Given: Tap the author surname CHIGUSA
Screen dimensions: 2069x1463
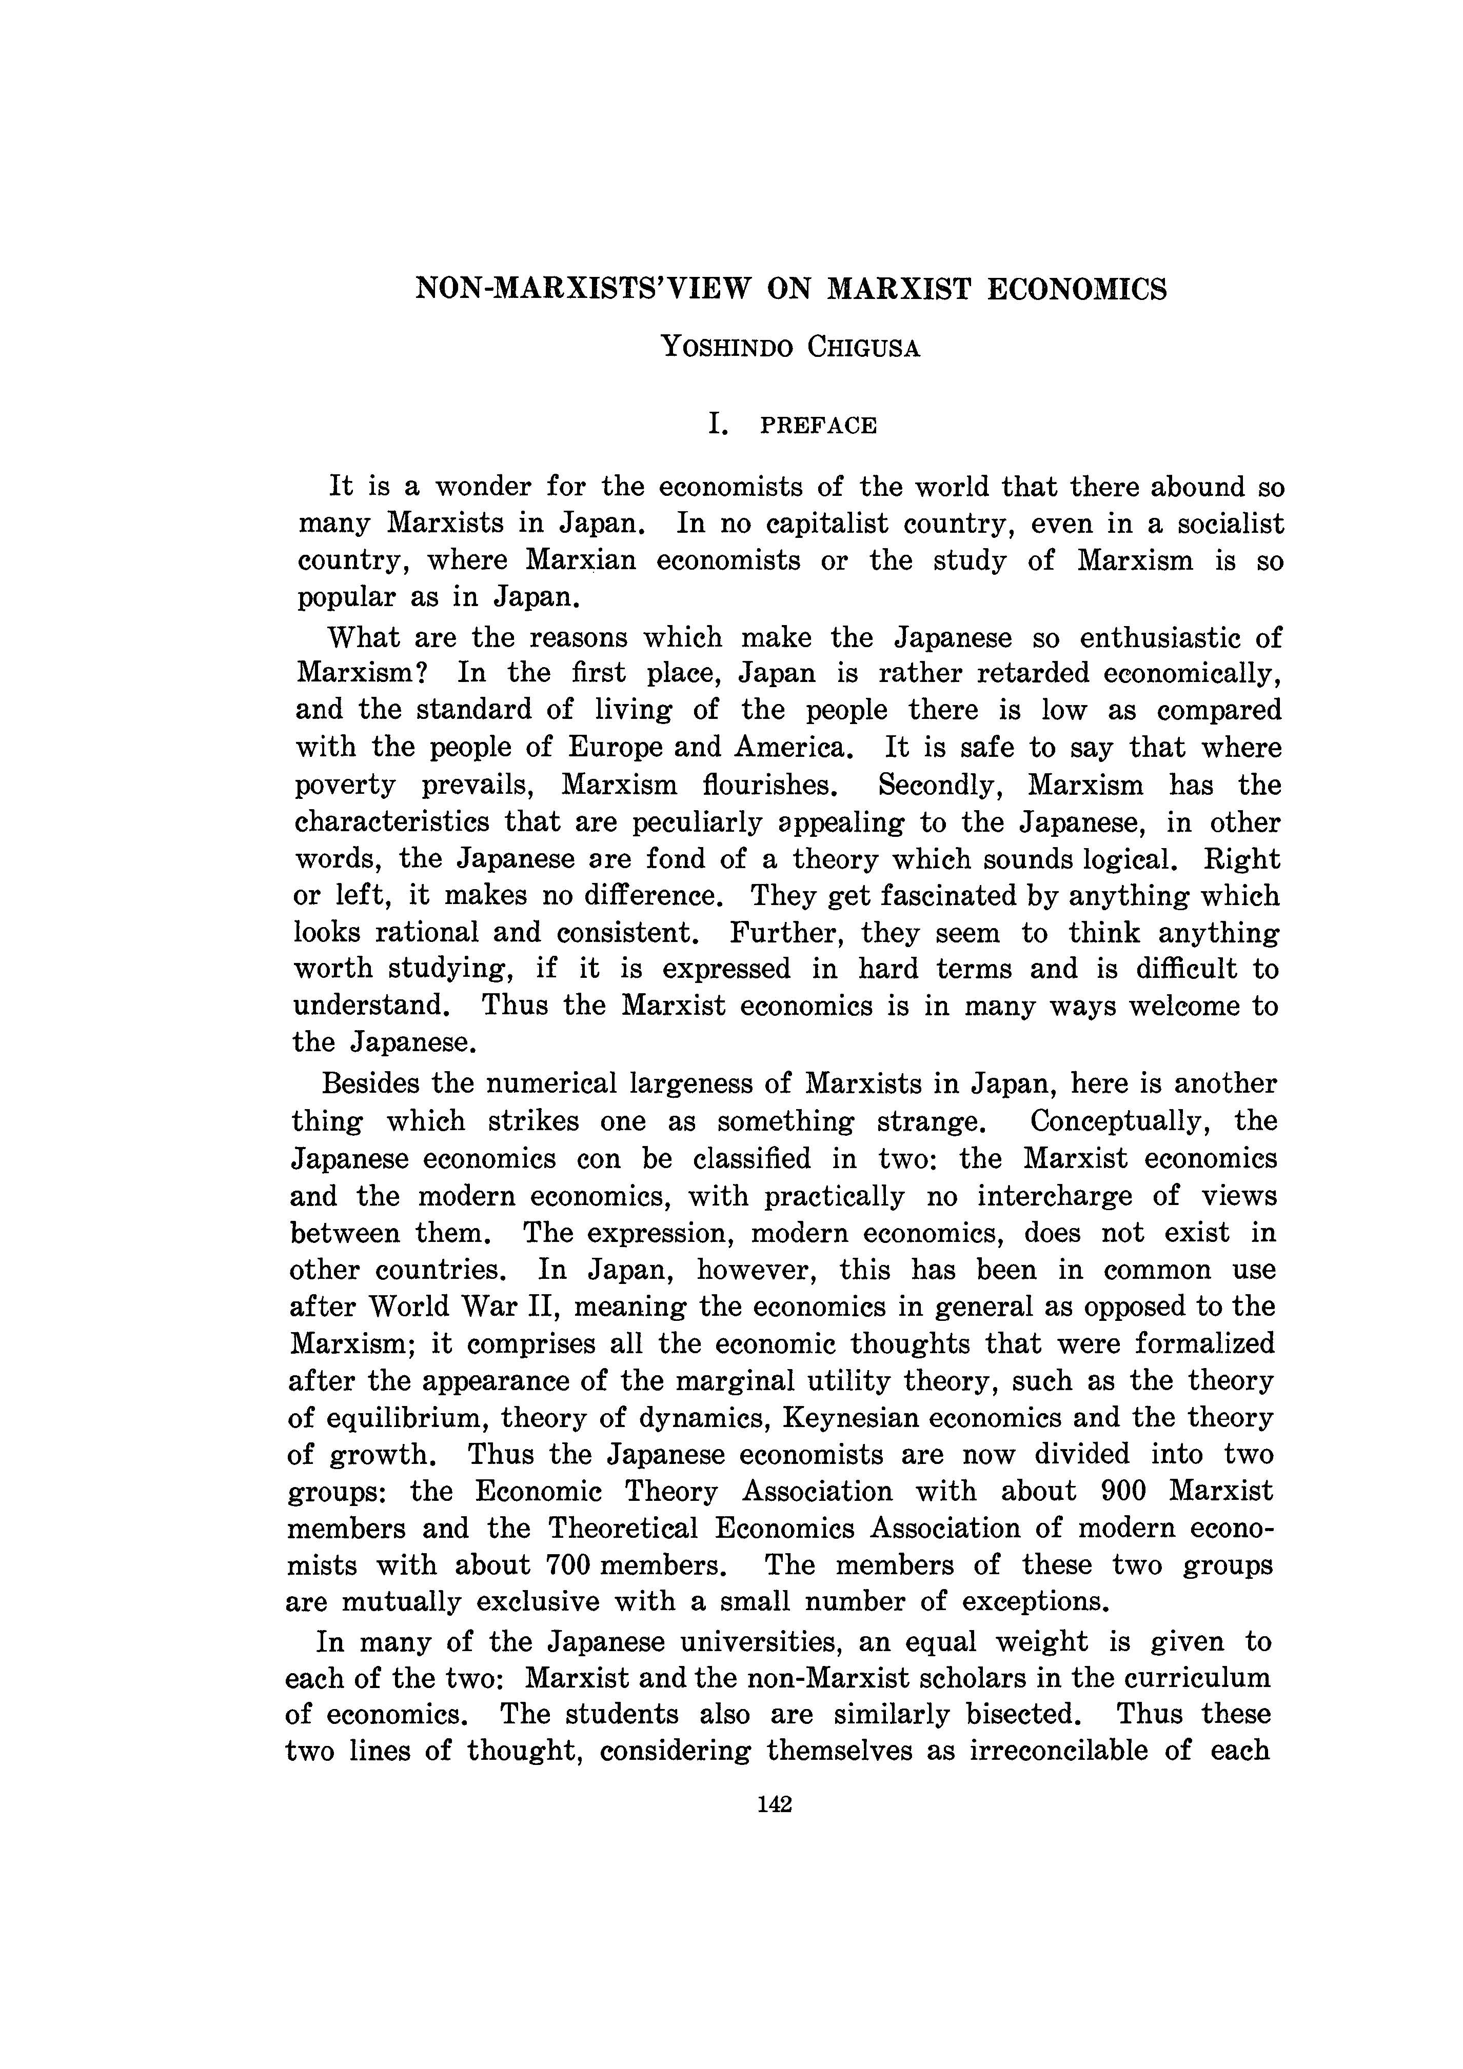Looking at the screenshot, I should coord(863,347).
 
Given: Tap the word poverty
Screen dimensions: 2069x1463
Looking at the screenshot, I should coord(345,785).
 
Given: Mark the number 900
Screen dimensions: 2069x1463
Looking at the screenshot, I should coord(1123,1492).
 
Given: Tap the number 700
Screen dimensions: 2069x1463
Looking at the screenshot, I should coord(568,1565).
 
